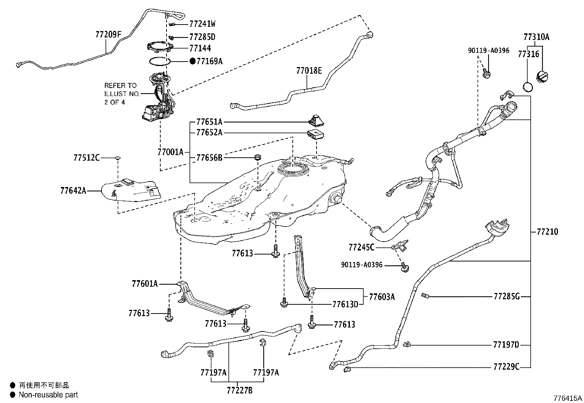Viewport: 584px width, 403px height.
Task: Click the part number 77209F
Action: [108, 35]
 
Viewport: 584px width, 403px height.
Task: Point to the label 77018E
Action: [309, 71]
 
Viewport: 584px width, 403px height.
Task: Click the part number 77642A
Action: [73, 191]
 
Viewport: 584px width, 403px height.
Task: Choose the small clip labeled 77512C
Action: [117, 158]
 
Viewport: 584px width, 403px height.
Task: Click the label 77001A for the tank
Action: [170, 152]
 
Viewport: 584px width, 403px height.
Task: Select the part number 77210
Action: [547, 232]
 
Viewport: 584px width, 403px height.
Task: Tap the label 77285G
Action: [506, 296]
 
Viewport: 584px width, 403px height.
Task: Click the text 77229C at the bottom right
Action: [506, 366]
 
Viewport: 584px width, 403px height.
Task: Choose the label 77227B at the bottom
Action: [240, 391]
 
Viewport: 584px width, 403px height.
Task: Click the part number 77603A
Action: [382, 297]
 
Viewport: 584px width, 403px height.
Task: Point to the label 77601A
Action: [145, 283]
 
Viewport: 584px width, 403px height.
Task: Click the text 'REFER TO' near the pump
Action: [120, 85]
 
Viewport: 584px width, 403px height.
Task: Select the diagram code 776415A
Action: [567, 398]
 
